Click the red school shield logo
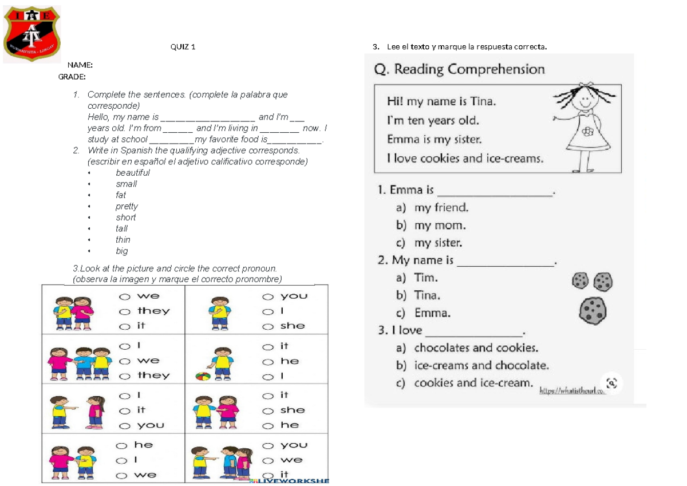(x=31, y=35)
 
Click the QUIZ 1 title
(x=183, y=47)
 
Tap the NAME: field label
(x=80, y=65)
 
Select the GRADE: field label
(x=72, y=77)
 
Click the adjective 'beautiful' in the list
(x=132, y=173)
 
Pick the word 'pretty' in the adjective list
(x=127, y=206)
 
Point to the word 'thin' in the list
(x=123, y=240)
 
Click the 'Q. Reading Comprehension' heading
(x=459, y=70)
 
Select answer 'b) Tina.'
(x=418, y=295)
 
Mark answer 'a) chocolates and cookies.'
(x=467, y=348)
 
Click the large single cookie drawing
(x=593, y=311)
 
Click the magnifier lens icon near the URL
(x=611, y=383)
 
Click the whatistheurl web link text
(x=572, y=391)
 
